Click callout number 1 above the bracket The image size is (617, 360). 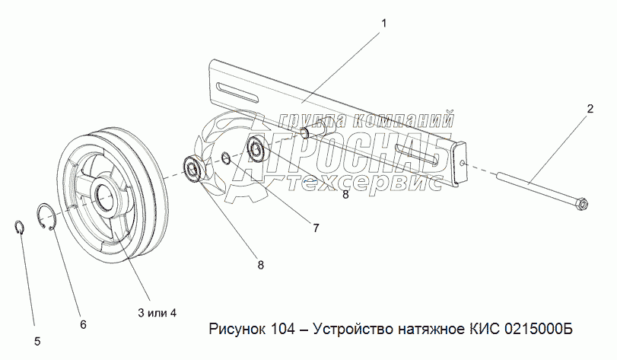coord(383,24)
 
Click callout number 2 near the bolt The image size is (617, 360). coord(590,109)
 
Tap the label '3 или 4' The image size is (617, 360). coord(157,313)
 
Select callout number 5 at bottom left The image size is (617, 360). coord(37,342)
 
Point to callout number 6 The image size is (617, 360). coord(83,325)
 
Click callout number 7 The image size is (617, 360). coord(316,228)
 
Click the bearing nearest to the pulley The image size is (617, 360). coord(193,169)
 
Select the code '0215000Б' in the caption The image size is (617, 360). coord(538,328)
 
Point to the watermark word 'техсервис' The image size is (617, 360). coord(364,183)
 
